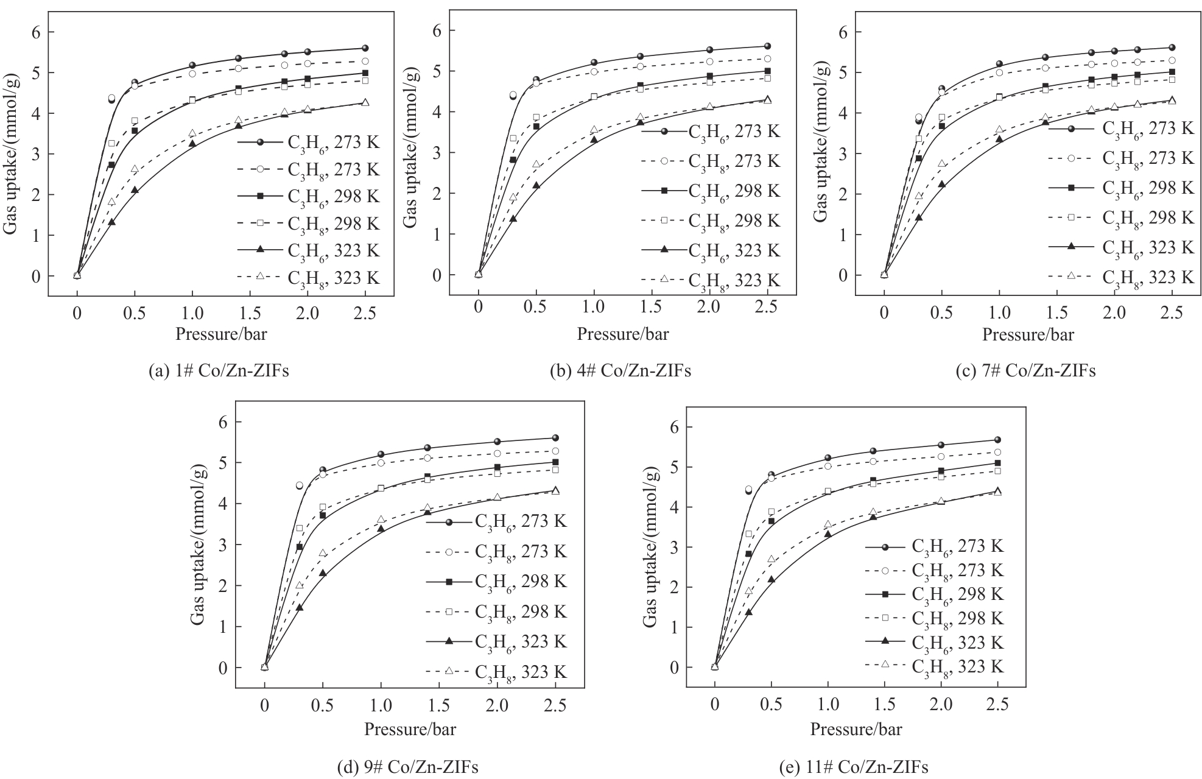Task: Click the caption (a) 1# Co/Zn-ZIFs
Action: click(219, 371)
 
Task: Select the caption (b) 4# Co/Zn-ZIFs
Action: click(620, 371)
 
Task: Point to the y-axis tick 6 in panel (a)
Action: click(37, 32)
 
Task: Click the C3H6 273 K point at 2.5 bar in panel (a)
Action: click(365, 48)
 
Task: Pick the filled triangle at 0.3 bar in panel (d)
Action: click(299, 607)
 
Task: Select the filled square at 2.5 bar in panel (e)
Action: click(997, 463)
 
